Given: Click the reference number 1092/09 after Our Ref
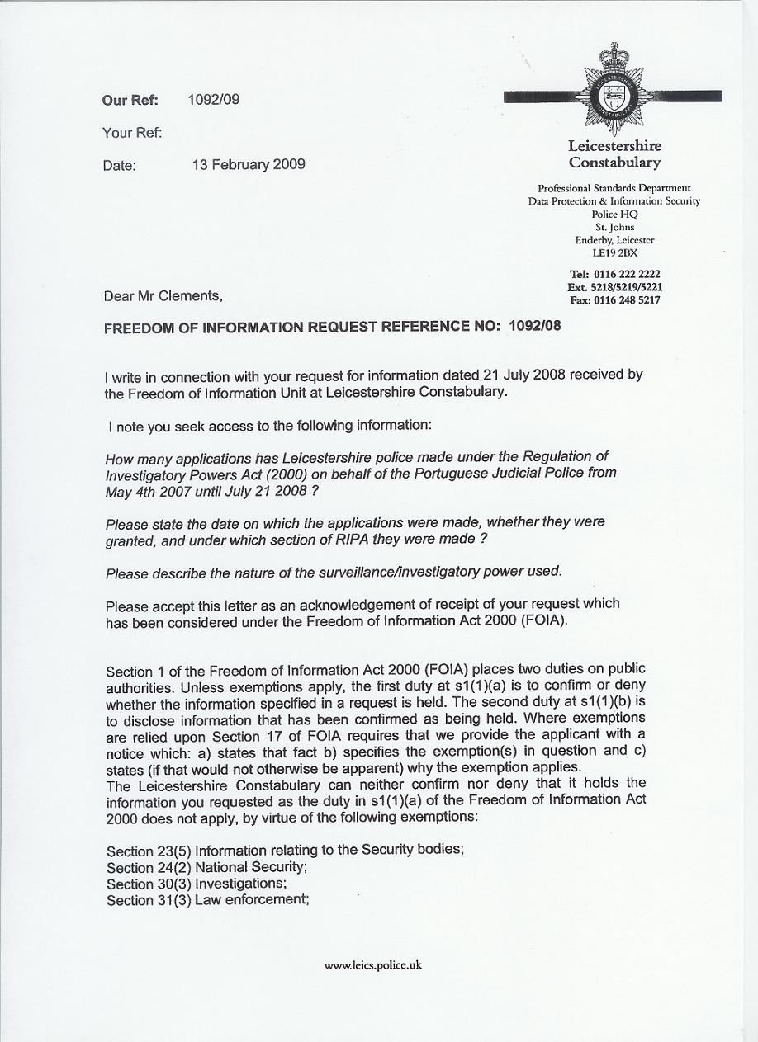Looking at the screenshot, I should coord(213,100).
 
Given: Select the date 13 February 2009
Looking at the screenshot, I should coord(249,164).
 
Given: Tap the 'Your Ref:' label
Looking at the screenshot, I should coord(132,132).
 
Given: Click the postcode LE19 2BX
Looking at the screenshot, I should coord(614,253).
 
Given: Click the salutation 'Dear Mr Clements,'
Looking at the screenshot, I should coord(163,296).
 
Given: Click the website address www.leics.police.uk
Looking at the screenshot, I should coord(373,964).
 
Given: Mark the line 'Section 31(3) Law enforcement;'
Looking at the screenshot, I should coord(208,900).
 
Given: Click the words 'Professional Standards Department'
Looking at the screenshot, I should coord(614,188).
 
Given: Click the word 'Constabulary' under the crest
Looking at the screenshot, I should coord(614,163).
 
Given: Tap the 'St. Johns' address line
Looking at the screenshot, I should coord(614,227).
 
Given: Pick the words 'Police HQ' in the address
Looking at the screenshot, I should coord(614,214).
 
